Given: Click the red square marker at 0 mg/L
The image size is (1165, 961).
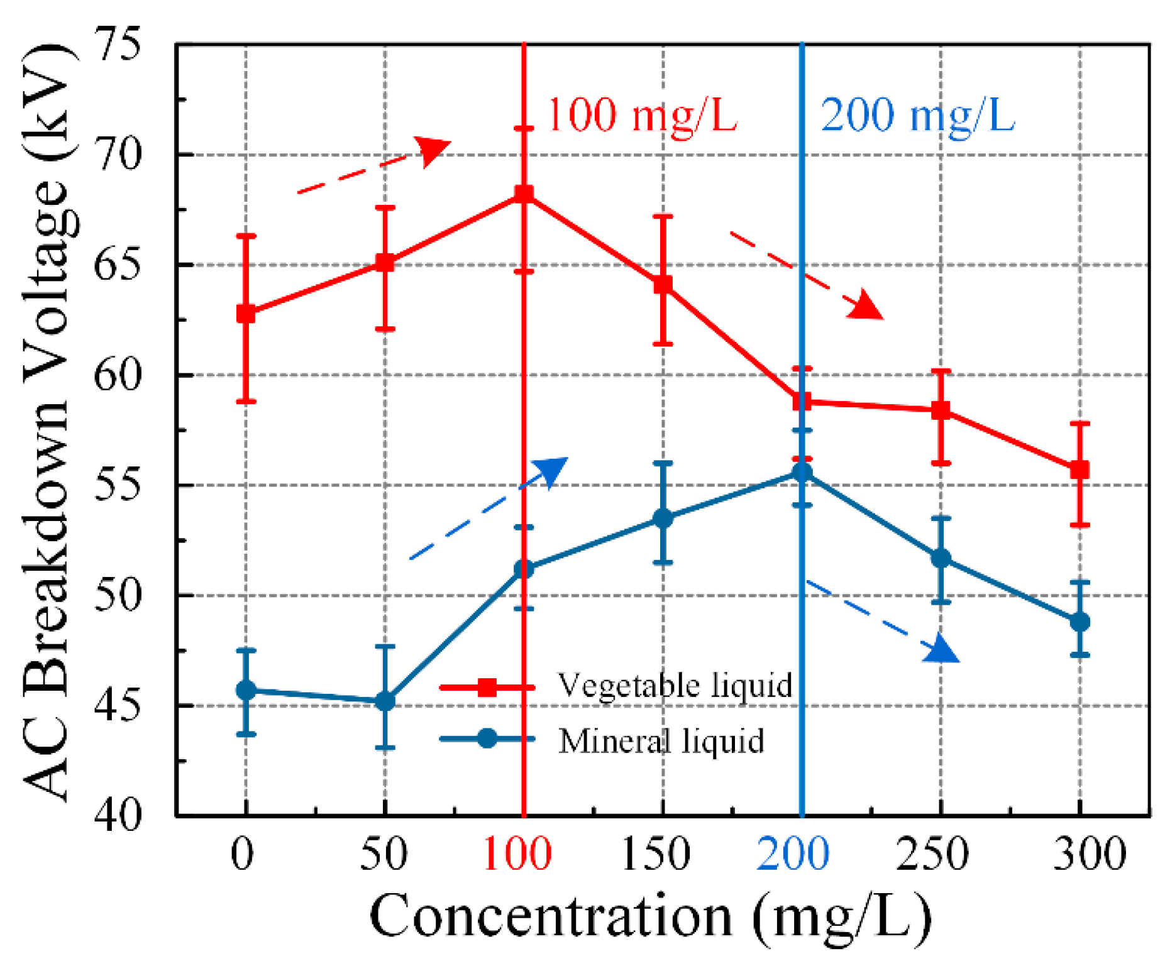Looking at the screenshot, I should (x=246, y=313).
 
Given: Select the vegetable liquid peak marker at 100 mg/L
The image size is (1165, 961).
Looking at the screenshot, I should (x=524, y=194).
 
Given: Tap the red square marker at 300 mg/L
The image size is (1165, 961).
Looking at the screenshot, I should (x=1079, y=470).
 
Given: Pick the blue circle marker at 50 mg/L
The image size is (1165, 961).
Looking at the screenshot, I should (x=385, y=701).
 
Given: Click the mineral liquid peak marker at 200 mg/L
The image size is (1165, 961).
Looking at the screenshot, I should (x=802, y=472).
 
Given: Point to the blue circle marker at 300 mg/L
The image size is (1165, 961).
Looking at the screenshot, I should (x=1079, y=622).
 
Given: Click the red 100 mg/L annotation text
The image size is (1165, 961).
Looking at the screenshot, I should (x=641, y=116).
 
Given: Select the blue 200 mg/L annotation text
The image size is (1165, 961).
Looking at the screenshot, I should (x=917, y=116).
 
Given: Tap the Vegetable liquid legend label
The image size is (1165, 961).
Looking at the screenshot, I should (x=675, y=685).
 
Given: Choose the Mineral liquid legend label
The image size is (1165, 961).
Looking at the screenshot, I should (x=661, y=740).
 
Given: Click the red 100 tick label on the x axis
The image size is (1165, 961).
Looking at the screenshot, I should (x=517, y=854).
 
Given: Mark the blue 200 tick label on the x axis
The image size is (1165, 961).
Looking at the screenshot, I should (x=793, y=854).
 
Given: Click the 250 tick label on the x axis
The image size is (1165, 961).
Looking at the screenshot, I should (x=932, y=854).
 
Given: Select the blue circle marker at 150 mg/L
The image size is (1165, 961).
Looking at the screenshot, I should (x=663, y=519).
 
